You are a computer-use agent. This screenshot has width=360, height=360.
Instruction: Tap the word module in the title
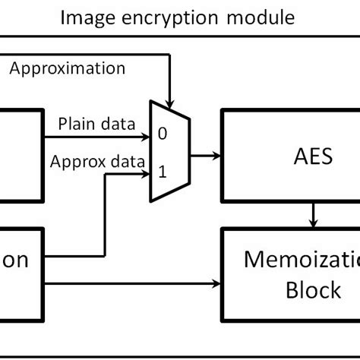click(259, 16)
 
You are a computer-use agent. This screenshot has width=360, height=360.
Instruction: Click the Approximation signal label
click(68, 68)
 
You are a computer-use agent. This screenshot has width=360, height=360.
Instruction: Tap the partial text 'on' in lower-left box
click(15, 261)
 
